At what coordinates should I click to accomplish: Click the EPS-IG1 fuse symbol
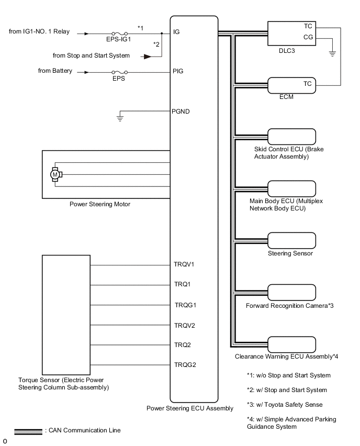(121, 34)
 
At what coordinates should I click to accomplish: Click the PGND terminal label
(181, 111)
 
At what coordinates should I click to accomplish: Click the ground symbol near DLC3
(332, 53)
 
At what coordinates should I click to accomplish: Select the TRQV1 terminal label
(184, 264)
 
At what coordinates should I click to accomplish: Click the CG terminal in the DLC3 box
(308, 38)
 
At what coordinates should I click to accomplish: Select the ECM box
(291, 85)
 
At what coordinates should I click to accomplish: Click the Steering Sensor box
(291, 241)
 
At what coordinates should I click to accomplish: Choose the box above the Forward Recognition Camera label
(291, 292)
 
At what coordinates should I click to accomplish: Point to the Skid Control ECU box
(291, 137)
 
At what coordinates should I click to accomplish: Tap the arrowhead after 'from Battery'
(83, 71)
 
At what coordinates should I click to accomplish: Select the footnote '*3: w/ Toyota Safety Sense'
(286, 405)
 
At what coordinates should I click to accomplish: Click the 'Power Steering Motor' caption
(100, 204)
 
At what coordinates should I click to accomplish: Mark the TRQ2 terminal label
(182, 345)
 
